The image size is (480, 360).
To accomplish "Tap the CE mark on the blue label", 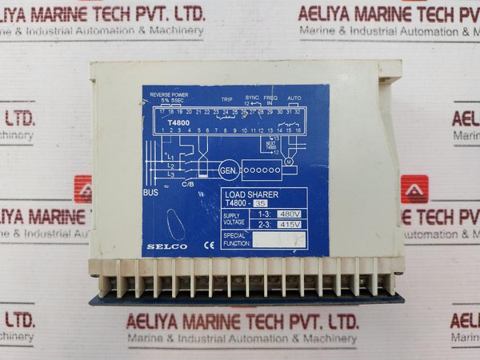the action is click(x=209, y=246).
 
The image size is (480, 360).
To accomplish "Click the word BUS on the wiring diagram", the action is click(x=151, y=193).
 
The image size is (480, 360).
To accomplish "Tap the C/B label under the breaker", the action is click(x=187, y=184).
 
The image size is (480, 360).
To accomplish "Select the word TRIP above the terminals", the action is click(x=226, y=99).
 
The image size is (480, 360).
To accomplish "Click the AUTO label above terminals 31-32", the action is click(x=294, y=98).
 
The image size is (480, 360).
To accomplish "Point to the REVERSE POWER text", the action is click(x=169, y=94).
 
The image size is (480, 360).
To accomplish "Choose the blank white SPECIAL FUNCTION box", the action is click(x=279, y=239).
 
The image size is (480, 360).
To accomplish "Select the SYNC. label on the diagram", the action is click(x=253, y=98).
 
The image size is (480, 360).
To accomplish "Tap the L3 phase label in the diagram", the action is click(x=170, y=174).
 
